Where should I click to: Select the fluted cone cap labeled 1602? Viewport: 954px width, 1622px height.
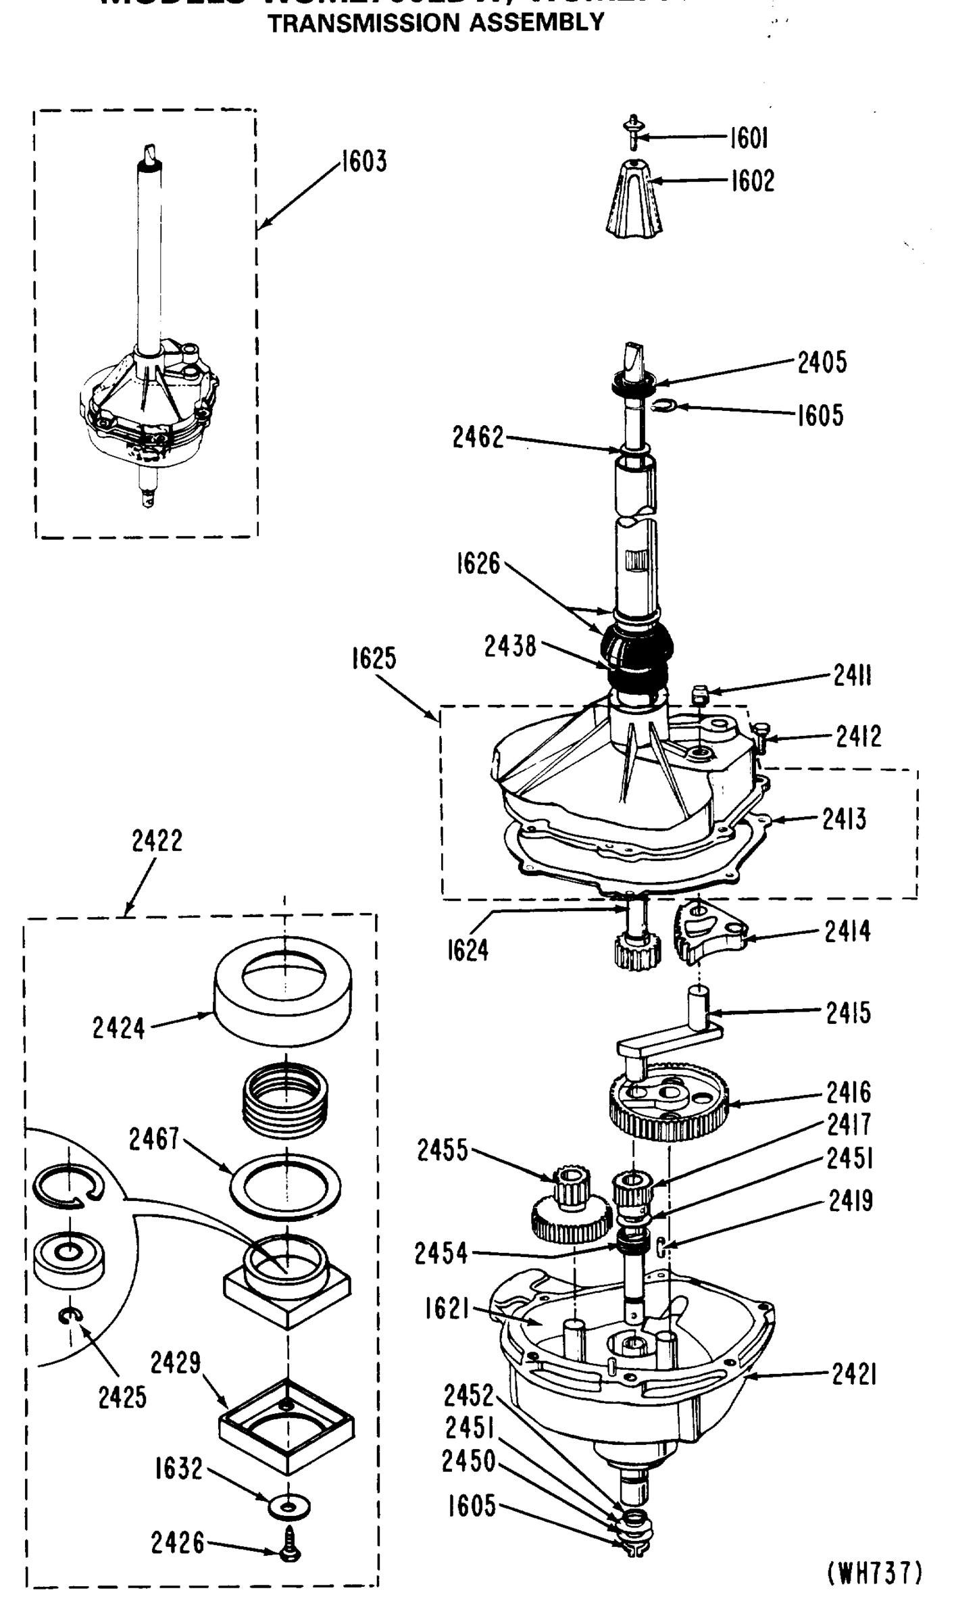click(x=633, y=200)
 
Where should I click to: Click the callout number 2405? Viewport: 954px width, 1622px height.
click(x=822, y=363)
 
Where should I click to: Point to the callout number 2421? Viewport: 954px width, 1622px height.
click(x=853, y=1373)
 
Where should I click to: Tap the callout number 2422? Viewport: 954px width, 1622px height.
click(x=157, y=841)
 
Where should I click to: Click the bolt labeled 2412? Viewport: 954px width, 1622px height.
click(x=759, y=735)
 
